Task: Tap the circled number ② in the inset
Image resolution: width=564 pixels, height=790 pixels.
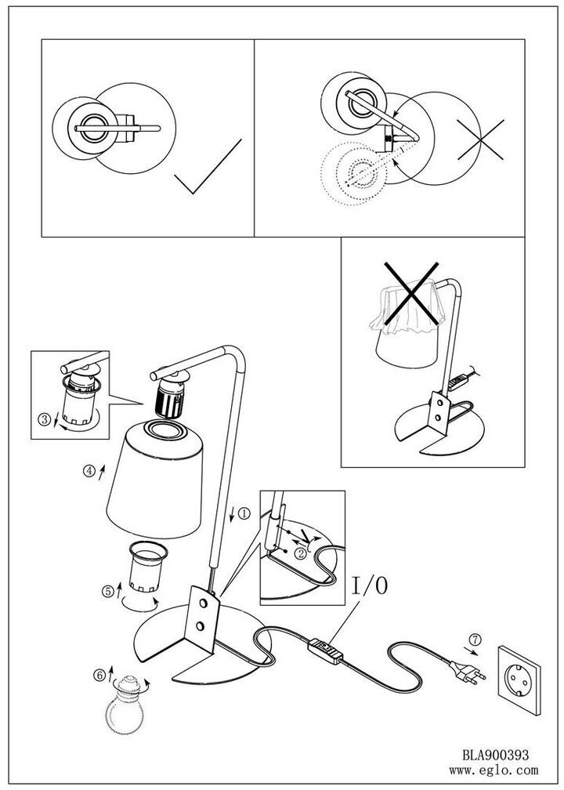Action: tap(299, 553)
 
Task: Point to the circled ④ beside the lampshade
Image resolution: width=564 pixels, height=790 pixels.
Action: tap(90, 471)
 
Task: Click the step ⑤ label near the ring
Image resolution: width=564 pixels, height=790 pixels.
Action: tap(108, 592)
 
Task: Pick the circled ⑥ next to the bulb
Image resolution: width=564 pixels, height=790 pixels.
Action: tap(99, 674)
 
